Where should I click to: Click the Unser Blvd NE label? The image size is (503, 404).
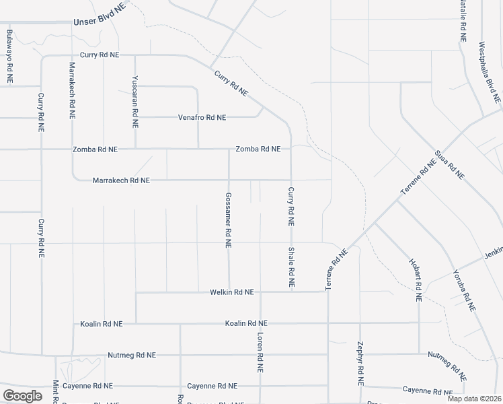click(99, 22)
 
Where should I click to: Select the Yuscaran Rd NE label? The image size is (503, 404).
click(135, 102)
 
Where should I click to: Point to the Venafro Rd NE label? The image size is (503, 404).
click(202, 117)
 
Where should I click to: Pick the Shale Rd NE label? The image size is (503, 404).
click(291, 268)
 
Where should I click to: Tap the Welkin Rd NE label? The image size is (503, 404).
click(231, 292)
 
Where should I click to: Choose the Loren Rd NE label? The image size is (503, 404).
click(259, 352)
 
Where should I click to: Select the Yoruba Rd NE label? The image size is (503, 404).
click(463, 289)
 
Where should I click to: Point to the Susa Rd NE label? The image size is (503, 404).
click(450, 164)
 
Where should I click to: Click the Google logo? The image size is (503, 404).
click(22, 396)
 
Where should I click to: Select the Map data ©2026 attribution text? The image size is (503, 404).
click(473, 399)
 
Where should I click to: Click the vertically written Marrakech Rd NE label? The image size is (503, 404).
click(73, 90)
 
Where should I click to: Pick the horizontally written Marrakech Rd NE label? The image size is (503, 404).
click(121, 180)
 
